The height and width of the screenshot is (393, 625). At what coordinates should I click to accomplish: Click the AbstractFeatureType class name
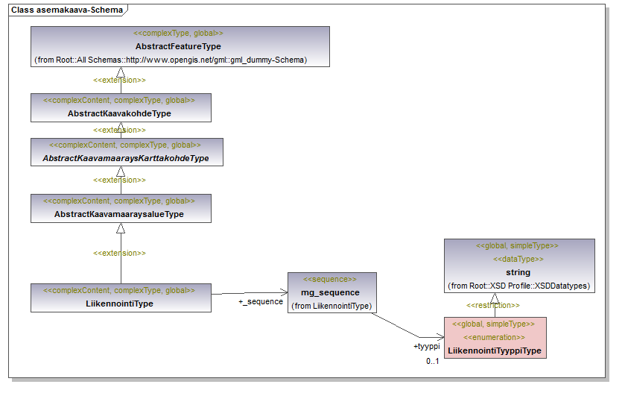(178, 46)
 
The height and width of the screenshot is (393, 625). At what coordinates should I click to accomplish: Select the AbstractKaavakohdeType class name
(119, 113)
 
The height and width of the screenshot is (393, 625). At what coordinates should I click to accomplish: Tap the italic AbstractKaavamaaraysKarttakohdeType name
(126, 158)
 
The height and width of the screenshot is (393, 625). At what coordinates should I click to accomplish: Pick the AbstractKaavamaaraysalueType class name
(118, 214)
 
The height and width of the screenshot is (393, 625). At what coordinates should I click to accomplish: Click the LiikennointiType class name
(119, 304)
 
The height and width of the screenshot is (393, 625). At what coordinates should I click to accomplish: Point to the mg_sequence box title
(330, 292)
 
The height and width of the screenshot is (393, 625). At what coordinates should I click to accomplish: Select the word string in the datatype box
(518, 272)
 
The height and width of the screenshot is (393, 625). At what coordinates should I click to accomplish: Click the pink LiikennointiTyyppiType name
(494, 350)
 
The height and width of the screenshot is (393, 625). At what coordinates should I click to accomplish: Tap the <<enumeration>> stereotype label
(494, 337)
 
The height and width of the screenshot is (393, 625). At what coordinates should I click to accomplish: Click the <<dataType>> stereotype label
(518, 259)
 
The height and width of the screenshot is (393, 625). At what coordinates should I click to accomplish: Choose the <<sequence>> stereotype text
(330, 279)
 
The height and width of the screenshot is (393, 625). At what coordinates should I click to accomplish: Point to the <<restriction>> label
(493, 305)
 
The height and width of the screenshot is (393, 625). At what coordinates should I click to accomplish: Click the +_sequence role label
(261, 301)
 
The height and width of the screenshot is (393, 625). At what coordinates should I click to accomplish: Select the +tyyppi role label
(427, 346)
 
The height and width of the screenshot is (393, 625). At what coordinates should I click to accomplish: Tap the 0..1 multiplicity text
(433, 361)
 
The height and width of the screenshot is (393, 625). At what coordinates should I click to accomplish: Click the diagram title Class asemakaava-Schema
(66, 10)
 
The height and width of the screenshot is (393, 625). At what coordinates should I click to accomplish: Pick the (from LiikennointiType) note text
(331, 306)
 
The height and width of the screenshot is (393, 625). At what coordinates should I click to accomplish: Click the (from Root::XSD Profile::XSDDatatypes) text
(519, 286)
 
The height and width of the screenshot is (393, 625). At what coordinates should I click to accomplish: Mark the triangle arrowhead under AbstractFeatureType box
(121, 72)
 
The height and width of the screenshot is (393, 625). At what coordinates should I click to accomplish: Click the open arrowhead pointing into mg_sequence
(283, 292)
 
